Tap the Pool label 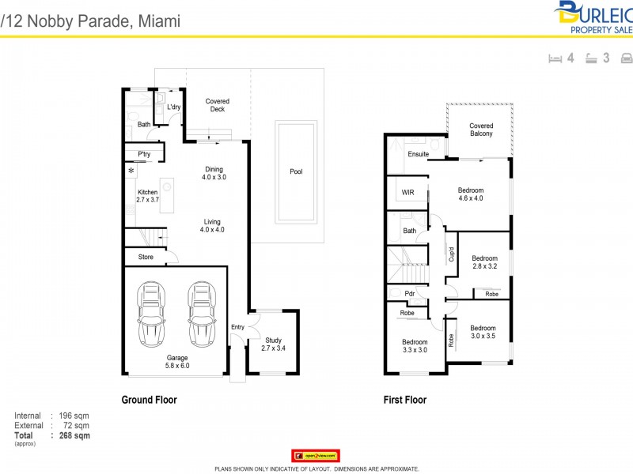point(296,171)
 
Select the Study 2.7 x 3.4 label point(272,344)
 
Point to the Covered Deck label point(217,105)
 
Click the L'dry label point(173,107)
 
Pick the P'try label point(144,154)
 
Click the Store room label point(145,256)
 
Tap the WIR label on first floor point(407,192)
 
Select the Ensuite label point(418,153)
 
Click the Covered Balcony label point(481,130)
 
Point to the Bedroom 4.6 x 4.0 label point(470,194)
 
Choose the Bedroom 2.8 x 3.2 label point(484,262)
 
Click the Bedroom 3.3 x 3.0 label point(415,346)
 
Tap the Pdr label point(409,293)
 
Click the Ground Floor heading point(149,400)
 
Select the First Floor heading point(405,400)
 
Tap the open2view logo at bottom point(316,456)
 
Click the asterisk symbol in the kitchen point(131,171)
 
